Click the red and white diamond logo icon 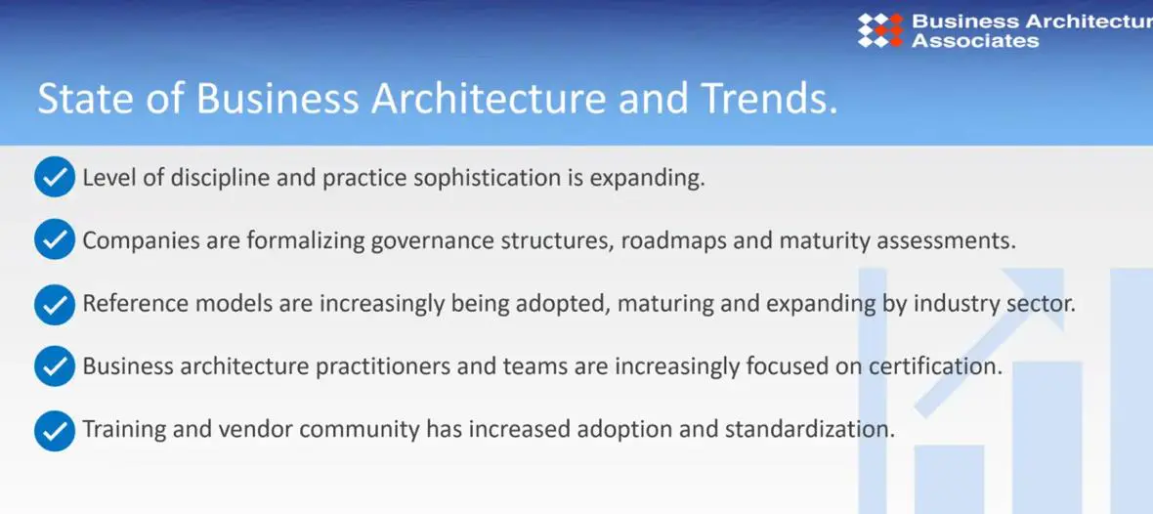click(x=879, y=30)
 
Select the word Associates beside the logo click(x=975, y=40)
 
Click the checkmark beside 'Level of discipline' click(x=55, y=177)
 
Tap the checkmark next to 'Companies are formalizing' click(x=55, y=239)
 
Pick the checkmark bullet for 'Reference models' click(x=55, y=304)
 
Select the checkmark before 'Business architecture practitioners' click(x=55, y=366)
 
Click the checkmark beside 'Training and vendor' click(x=55, y=429)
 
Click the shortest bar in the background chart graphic click(x=949, y=479)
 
